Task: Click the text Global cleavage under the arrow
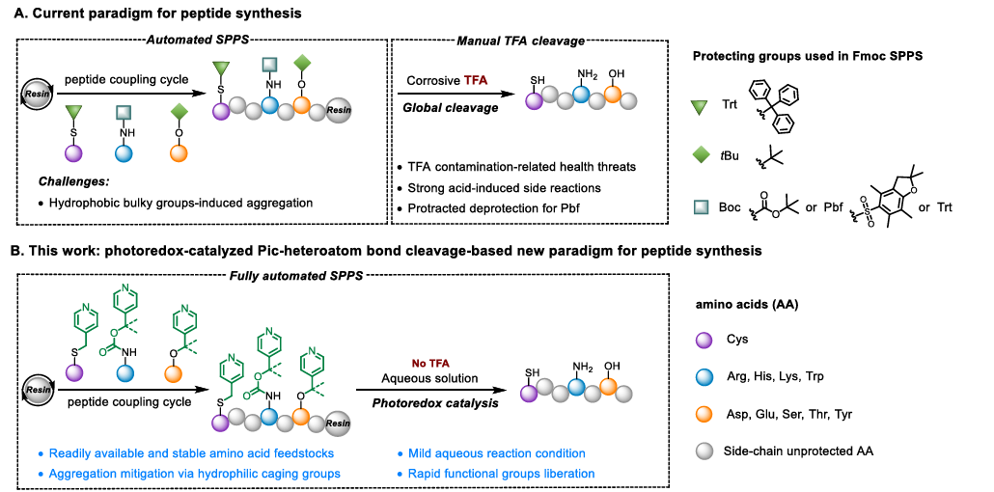(451, 108)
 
